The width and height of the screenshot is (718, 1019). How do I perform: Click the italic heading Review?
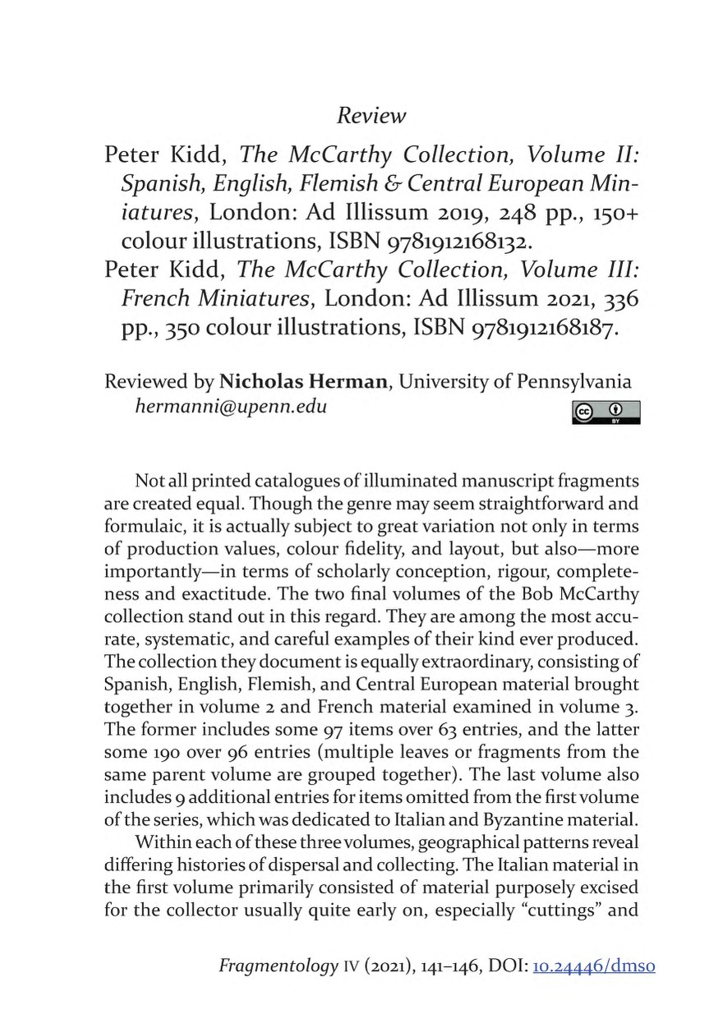[x=371, y=116]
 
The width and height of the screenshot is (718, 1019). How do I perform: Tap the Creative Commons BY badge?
[x=607, y=413]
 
